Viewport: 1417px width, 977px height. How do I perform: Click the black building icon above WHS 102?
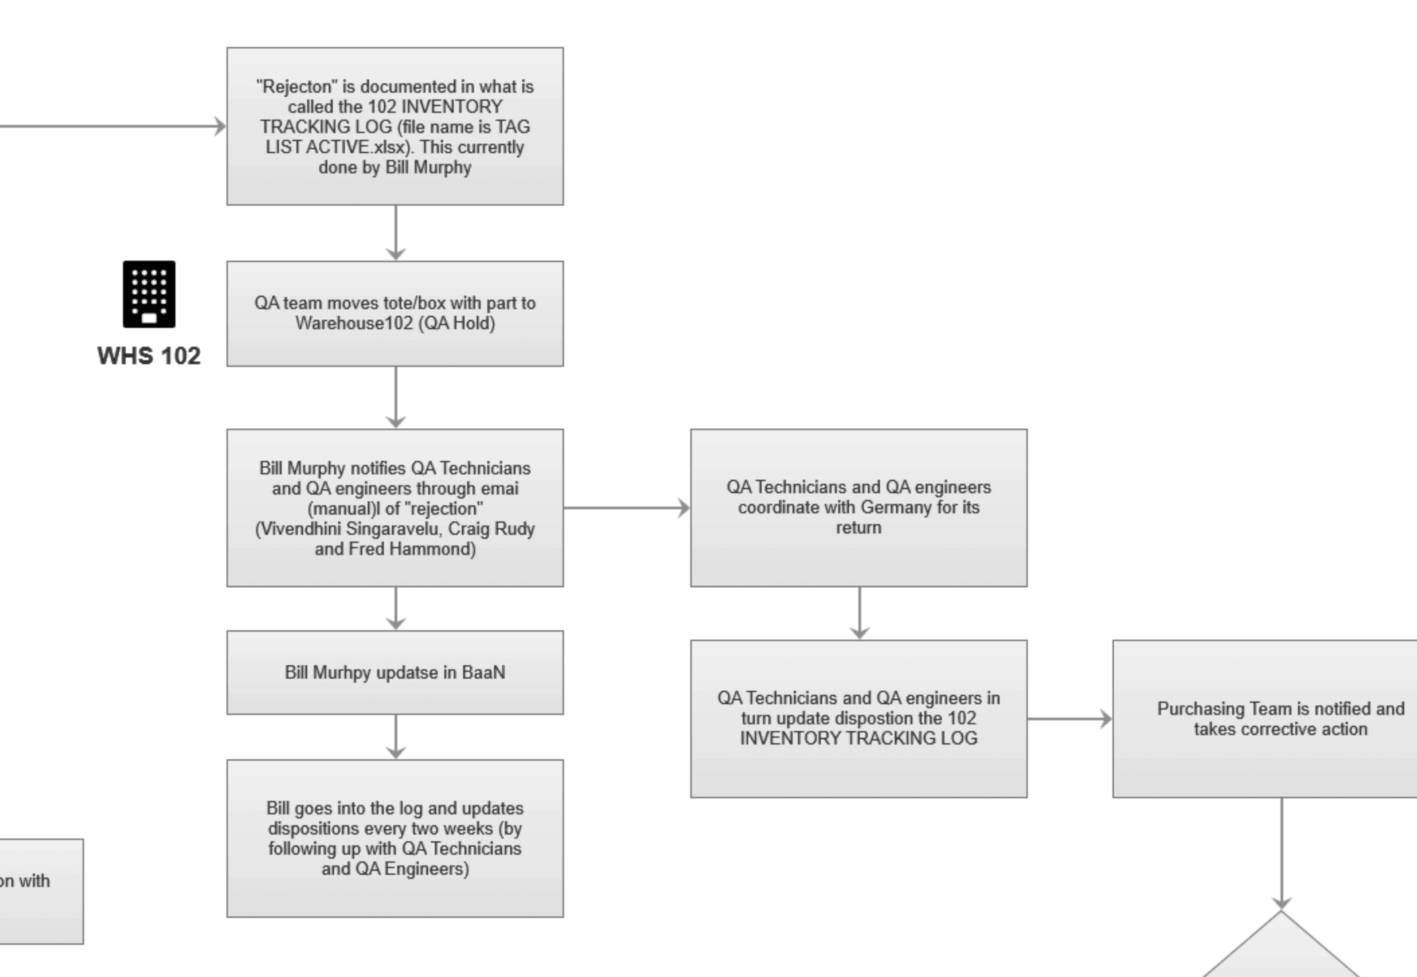click(x=149, y=294)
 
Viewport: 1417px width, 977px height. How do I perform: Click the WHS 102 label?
click(x=149, y=355)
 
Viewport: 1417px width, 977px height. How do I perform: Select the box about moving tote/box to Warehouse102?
click(x=395, y=313)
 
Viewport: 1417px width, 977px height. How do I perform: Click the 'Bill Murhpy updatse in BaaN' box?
click(x=395, y=672)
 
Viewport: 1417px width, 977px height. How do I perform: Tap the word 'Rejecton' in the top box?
click(x=294, y=87)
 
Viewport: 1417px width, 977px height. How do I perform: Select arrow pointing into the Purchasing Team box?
click(x=1069, y=719)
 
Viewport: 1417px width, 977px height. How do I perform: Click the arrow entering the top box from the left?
click(x=114, y=126)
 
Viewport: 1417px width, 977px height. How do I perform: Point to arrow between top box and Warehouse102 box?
click(x=396, y=232)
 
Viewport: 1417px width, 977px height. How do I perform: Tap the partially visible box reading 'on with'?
click(x=34, y=890)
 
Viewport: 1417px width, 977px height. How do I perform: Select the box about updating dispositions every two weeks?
click(x=395, y=838)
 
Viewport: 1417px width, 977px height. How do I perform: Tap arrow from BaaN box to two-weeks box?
click(x=396, y=736)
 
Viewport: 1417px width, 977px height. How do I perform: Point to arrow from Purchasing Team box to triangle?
click(x=1281, y=853)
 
